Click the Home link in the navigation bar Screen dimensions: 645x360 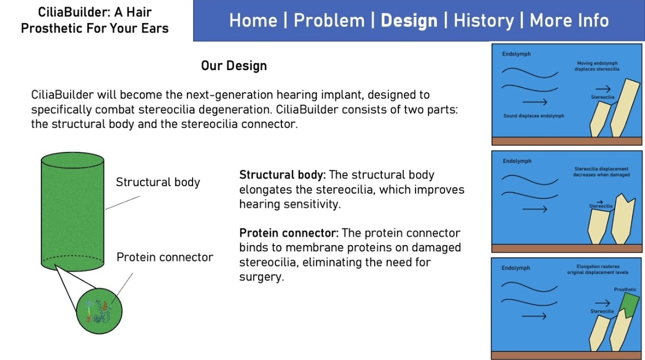pos(253,20)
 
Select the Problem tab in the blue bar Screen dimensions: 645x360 pos(329,20)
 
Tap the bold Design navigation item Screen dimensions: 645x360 pos(409,21)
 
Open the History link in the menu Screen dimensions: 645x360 pos(484,21)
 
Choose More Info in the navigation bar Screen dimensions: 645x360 pos(569,20)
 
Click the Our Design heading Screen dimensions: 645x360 pos(234,66)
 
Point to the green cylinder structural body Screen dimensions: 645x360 pos(72,212)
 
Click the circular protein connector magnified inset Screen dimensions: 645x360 pos(99,311)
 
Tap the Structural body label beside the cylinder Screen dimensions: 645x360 pos(158,182)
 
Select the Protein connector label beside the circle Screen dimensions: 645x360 pos(165,257)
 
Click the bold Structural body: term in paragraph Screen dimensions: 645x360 pos(282,175)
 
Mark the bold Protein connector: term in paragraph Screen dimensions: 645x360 pos(289,233)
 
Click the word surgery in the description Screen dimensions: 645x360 pos(262,277)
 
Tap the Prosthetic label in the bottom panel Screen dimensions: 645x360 pos(625,289)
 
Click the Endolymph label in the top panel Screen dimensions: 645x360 pos(516,54)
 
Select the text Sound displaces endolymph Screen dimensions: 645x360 pos(534,116)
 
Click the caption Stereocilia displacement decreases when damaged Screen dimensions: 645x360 pos(601,172)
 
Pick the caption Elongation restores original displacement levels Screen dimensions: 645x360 pos(598,269)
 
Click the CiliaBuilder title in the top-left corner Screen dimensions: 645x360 pos(94,20)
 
